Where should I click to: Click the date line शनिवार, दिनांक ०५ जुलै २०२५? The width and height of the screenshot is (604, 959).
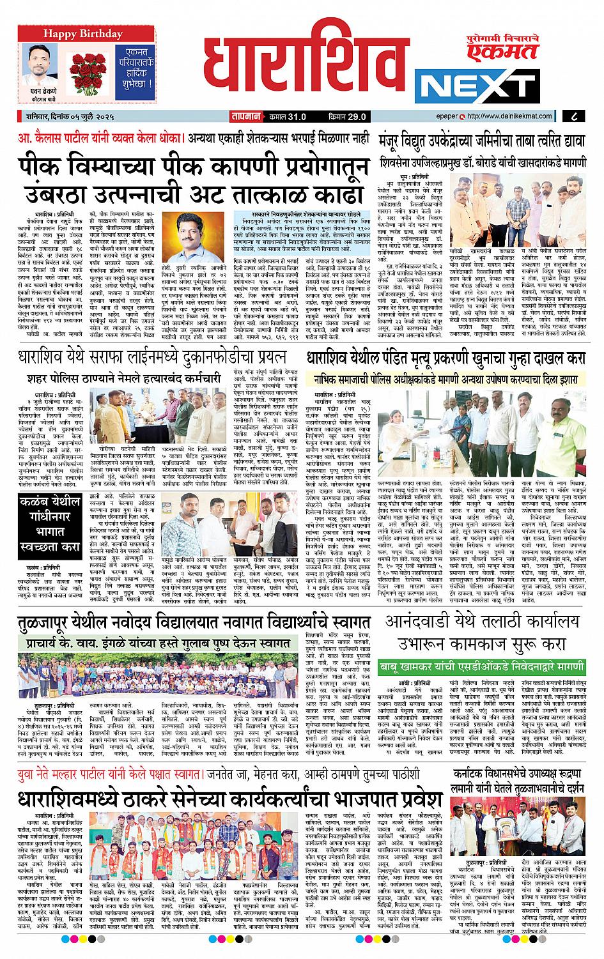coord(70,116)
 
